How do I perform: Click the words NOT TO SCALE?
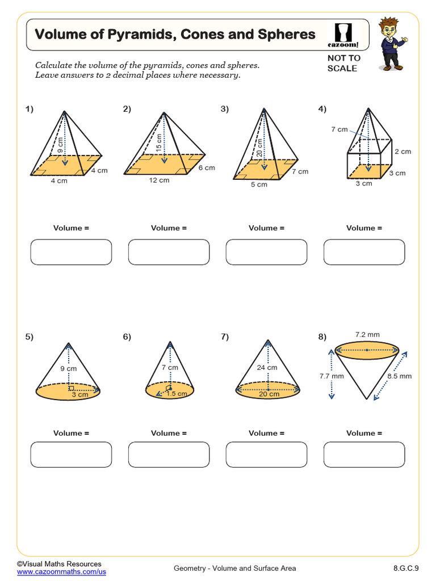(343, 63)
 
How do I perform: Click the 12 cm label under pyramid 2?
(159, 180)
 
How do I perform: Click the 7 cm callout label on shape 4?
(339, 129)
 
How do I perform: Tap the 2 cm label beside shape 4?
(403, 151)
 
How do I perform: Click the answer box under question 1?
(71, 252)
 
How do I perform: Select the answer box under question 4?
(364, 252)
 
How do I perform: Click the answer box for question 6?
(169, 454)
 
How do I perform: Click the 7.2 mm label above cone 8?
(367, 335)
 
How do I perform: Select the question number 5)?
(30, 337)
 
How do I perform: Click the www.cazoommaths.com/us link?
(61, 572)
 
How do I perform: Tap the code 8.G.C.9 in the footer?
(405, 568)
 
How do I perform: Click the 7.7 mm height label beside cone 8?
(332, 376)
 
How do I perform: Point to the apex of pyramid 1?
(65, 111)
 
